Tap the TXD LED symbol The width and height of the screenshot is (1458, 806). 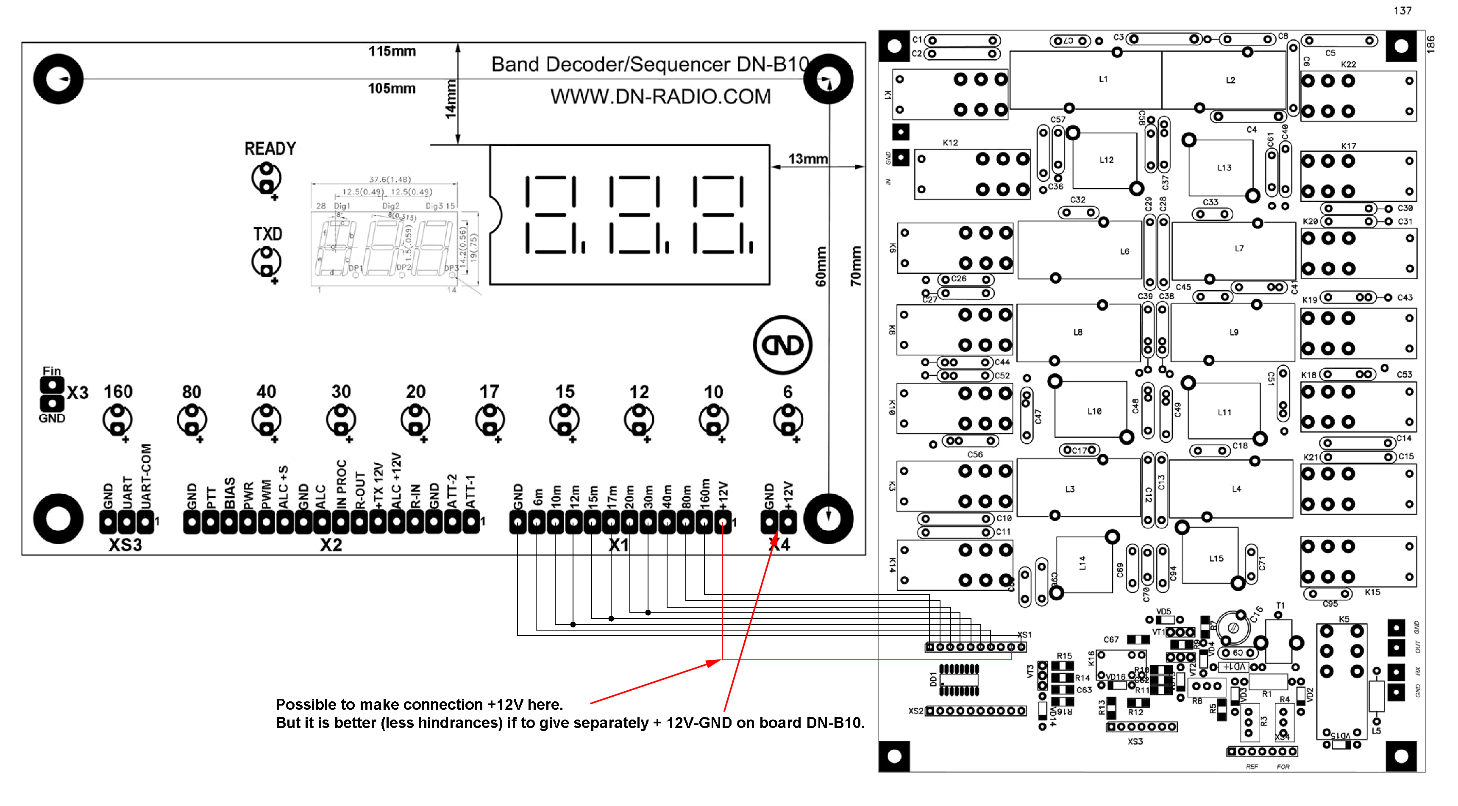266,261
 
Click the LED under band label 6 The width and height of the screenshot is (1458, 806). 788,420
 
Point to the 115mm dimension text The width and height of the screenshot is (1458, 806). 392,52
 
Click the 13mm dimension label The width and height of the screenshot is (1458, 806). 808,159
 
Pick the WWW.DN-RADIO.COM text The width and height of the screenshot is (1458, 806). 660,97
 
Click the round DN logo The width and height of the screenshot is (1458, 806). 783,345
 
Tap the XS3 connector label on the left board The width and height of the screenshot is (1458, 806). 125,545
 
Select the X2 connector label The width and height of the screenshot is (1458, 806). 331,545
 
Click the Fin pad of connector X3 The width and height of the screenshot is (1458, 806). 52,385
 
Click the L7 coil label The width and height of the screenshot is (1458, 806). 1239,248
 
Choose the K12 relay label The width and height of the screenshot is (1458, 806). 950,143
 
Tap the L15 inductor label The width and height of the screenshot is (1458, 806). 1216,559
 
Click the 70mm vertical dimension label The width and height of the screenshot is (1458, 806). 856,266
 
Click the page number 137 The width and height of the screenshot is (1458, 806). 1402,11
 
